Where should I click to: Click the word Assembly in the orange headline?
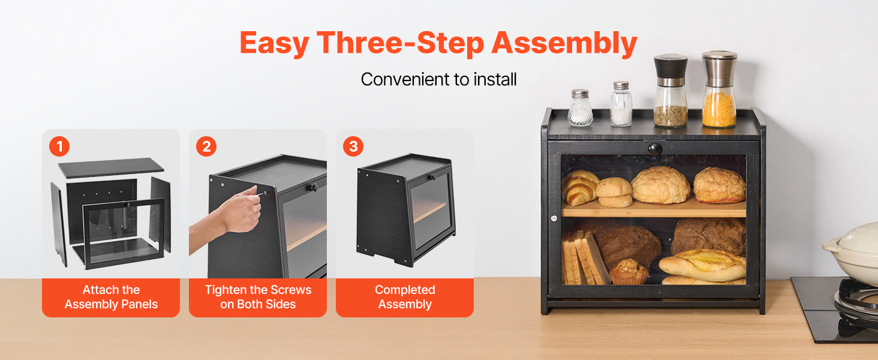(564, 43)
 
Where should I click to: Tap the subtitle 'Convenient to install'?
(438, 79)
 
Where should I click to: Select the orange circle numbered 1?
(59, 146)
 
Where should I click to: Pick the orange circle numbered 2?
(206, 146)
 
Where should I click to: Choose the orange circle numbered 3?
(353, 146)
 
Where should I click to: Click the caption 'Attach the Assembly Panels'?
(111, 297)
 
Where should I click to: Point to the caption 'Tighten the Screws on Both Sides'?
(258, 297)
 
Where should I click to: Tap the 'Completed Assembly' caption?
(405, 297)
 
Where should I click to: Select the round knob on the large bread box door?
(654, 149)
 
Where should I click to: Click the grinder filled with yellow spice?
(719, 89)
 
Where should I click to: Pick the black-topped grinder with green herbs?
(670, 91)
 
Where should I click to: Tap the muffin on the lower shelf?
(629, 272)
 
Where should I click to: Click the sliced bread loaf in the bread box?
(584, 257)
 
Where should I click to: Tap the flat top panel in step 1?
(111, 168)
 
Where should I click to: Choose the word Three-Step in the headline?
(400, 43)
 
